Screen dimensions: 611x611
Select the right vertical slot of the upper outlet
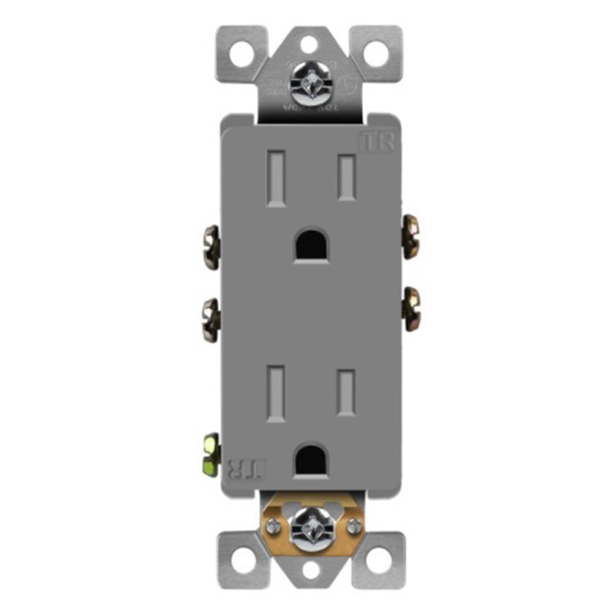(x=348, y=177)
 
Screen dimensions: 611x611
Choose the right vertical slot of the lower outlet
(x=348, y=393)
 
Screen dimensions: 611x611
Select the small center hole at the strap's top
(x=310, y=44)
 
